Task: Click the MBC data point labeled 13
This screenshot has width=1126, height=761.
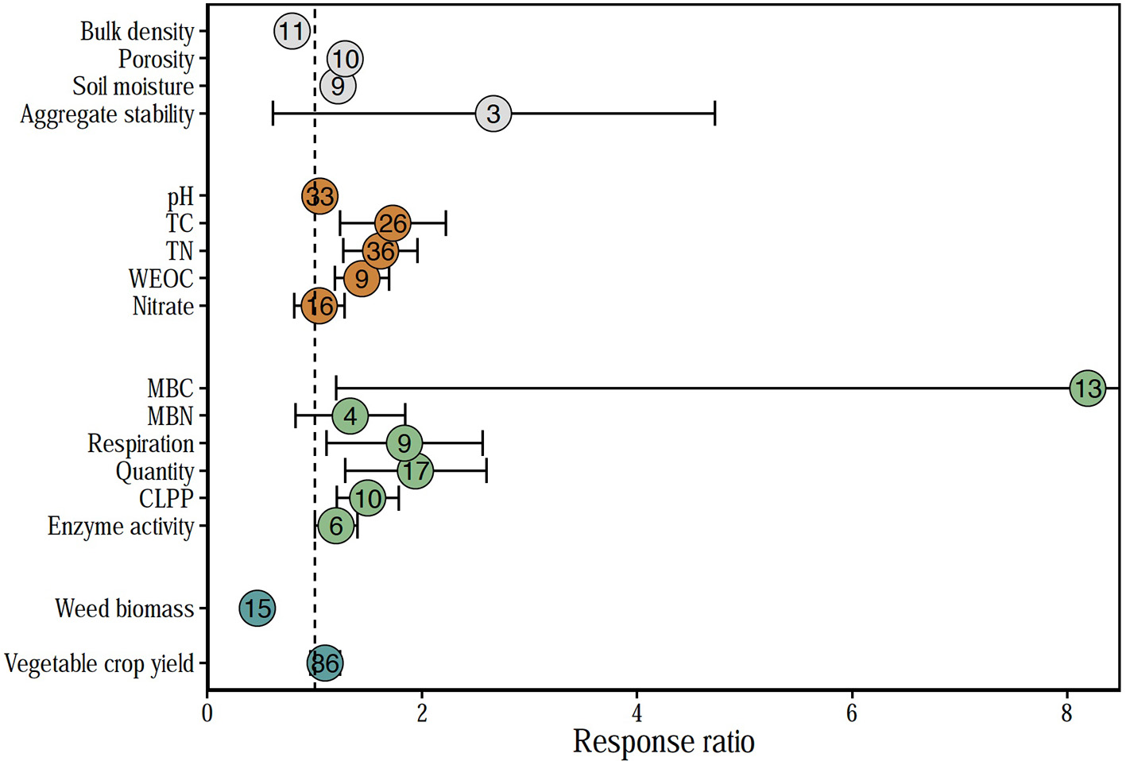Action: click(1087, 388)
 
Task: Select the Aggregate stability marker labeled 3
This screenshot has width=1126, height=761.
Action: click(493, 114)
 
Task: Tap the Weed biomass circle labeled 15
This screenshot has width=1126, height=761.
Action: click(257, 608)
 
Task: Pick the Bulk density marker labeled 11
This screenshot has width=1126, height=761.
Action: click(292, 32)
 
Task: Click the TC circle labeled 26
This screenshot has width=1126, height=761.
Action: click(393, 223)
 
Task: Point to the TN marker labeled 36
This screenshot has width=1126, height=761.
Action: click(381, 251)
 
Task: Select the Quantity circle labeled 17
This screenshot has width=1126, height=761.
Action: click(415, 471)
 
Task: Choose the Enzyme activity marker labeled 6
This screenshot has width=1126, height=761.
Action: click(336, 526)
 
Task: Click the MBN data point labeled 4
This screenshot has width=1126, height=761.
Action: click(350, 415)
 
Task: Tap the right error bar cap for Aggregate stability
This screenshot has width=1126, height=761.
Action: click(715, 114)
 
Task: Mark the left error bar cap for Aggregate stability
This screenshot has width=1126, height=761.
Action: click(273, 114)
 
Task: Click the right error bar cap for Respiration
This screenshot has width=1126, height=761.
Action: click(482, 443)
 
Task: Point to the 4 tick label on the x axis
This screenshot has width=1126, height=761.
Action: click(637, 713)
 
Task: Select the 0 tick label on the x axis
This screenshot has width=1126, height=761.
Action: click(207, 713)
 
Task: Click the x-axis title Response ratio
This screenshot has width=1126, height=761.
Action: click(664, 742)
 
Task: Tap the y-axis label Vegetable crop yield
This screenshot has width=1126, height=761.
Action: click(99, 663)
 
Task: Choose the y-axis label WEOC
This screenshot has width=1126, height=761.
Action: click(161, 279)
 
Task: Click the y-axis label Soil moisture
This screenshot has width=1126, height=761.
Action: click(133, 87)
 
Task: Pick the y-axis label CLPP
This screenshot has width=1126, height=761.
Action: click(166, 499)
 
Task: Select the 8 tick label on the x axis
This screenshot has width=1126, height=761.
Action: click(1066, 713)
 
